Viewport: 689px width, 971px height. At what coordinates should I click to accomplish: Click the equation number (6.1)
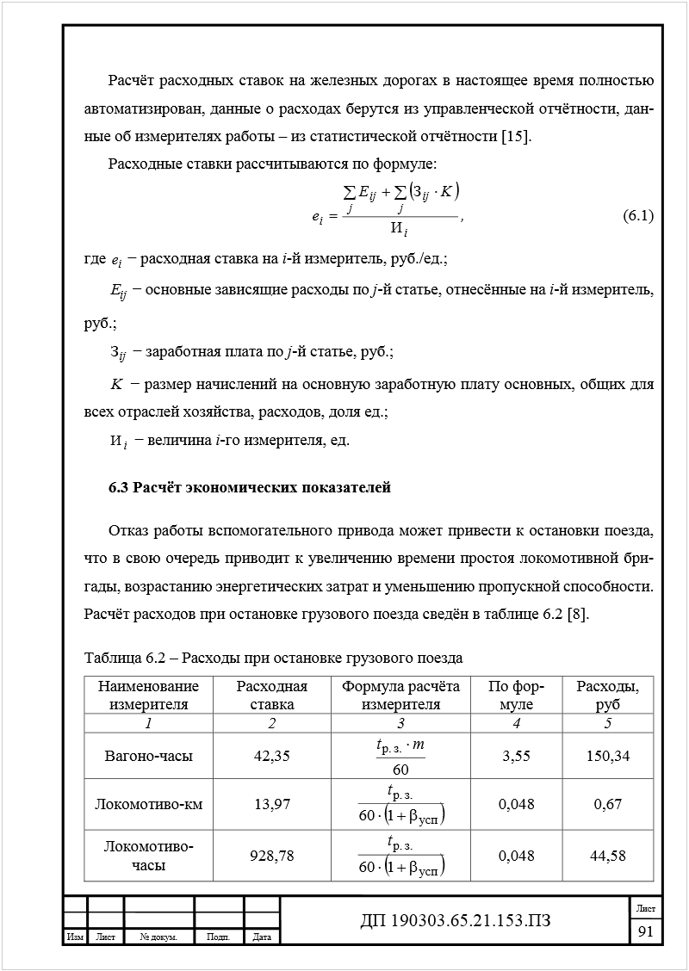(x=637, y=217)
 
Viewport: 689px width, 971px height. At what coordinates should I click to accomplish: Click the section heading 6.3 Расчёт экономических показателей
(x=250, y=488)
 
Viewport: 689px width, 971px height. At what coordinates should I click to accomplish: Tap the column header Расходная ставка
(x=271, y=695)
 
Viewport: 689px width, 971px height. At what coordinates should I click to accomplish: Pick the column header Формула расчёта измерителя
(x=400, y=695)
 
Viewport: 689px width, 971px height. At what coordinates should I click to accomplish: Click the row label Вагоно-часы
(x=148, y=756)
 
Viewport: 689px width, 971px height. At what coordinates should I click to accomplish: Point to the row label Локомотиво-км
(x=148, y=804)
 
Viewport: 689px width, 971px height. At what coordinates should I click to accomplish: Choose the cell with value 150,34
(x=608, y=756)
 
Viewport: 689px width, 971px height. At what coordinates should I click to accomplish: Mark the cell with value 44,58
(x=608, y=856)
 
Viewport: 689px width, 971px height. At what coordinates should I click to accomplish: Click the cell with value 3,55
(x=516, y=756)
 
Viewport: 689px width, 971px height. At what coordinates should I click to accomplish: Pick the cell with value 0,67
(x=608, y=804)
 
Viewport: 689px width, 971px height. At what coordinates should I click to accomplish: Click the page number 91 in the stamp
(x=646, y=932)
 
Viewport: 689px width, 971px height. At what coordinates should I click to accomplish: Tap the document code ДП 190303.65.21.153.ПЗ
(x=455, y=922)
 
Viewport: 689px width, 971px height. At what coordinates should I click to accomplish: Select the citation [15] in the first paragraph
(x=516, y=136)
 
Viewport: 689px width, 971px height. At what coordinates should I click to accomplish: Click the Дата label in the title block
(x=263, y=937)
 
